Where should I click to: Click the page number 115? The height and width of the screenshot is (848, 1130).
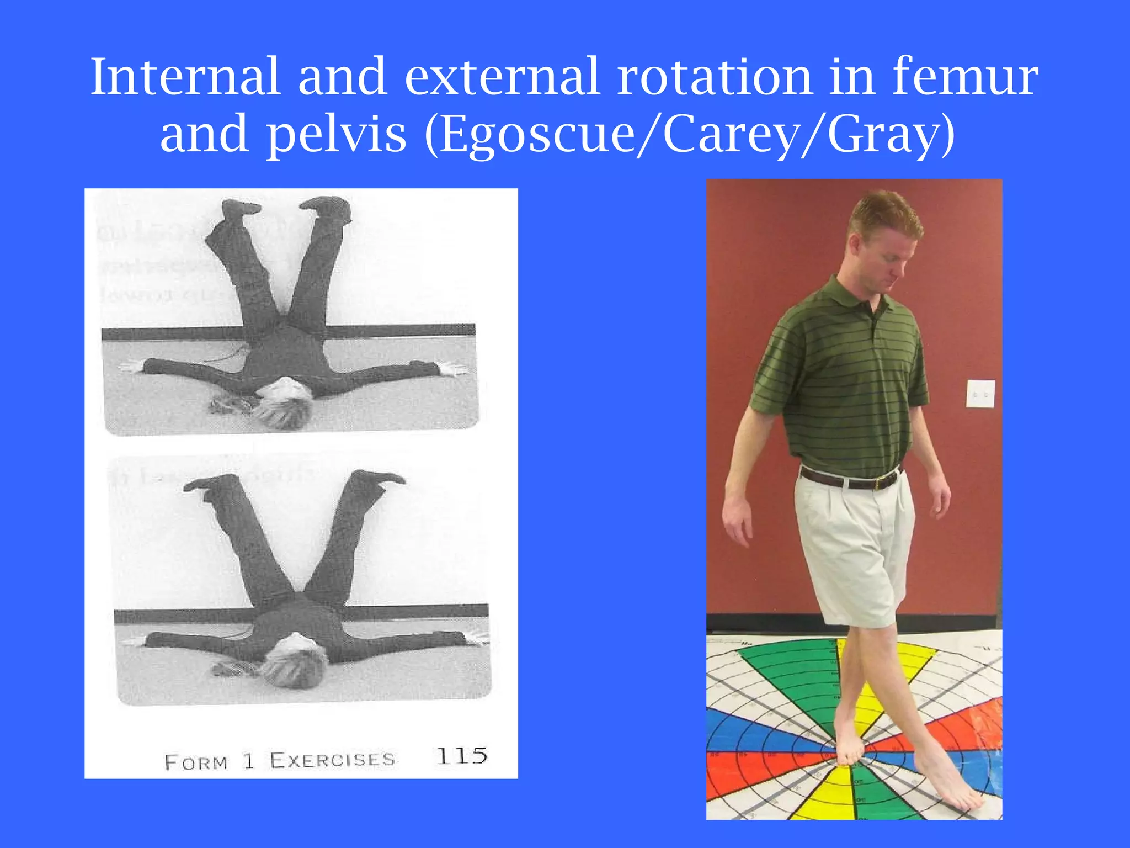(x=462, y=756)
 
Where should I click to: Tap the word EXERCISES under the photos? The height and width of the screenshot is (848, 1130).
(x=332, y=760)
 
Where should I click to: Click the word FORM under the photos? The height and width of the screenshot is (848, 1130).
(x=196, y=763)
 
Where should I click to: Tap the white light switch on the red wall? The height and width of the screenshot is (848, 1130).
(x=980, y=394)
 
